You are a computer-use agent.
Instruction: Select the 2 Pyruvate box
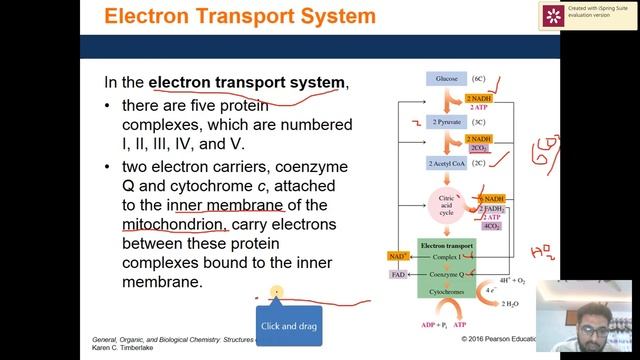[x=446, y=121]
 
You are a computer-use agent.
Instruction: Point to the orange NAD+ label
[x=398, y=257]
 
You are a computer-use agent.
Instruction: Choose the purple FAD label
[x=398, y=273]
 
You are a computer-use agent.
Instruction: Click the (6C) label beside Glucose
[x=478, y=78]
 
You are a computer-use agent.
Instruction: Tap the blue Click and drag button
[x=288, y=326]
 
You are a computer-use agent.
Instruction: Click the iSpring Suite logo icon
[x=551, y=15]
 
